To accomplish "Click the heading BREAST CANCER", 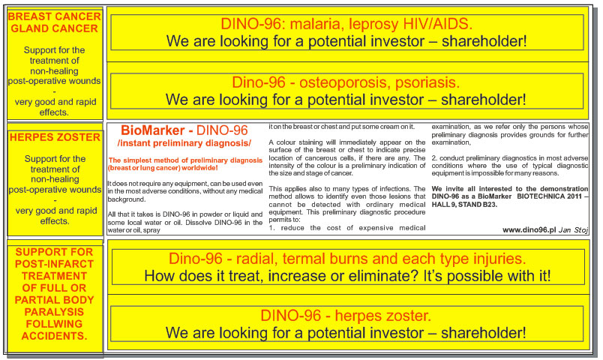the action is pyautogui.click(x=54, y=16).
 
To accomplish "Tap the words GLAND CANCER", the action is pyautogui.click(x=54, y=28).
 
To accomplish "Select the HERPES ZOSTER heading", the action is pyautogui.click(x=55, y=137).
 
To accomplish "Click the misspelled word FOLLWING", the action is pyautogui.click(x=54, y=324).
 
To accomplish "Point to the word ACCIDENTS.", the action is pyautogui.click(x=54, y=336).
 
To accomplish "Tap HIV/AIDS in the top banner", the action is pyautogui.click(x=438, y=24).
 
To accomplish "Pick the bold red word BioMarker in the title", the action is pyautogui.click(x=153, y=130).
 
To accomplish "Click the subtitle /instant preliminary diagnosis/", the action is pyautogui.click(x=184, y=143).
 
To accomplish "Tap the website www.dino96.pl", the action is pyautogui.click(x=529, y=230).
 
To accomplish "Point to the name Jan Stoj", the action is pyautogui.click(x=574, y=230).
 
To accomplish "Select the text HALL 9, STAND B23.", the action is pyautogui.click(x=464, y=204).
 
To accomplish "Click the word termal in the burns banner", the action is pyautogui.click(x=300, y=259).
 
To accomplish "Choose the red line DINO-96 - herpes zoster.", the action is pyautogui.click(x=346, y=316).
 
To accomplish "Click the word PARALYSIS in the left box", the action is pyautogui.click(x=54, y=312).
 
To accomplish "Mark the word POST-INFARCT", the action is pyautogui.click(x=54, y=264).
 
